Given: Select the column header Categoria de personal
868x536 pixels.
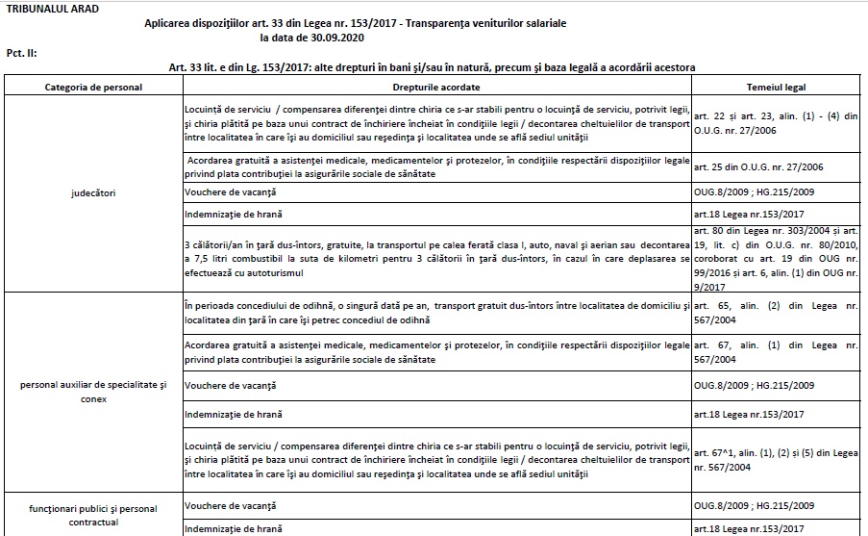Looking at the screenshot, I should (x=93, y=87).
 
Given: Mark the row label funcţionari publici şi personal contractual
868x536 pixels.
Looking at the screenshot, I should (x=93, y=515).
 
